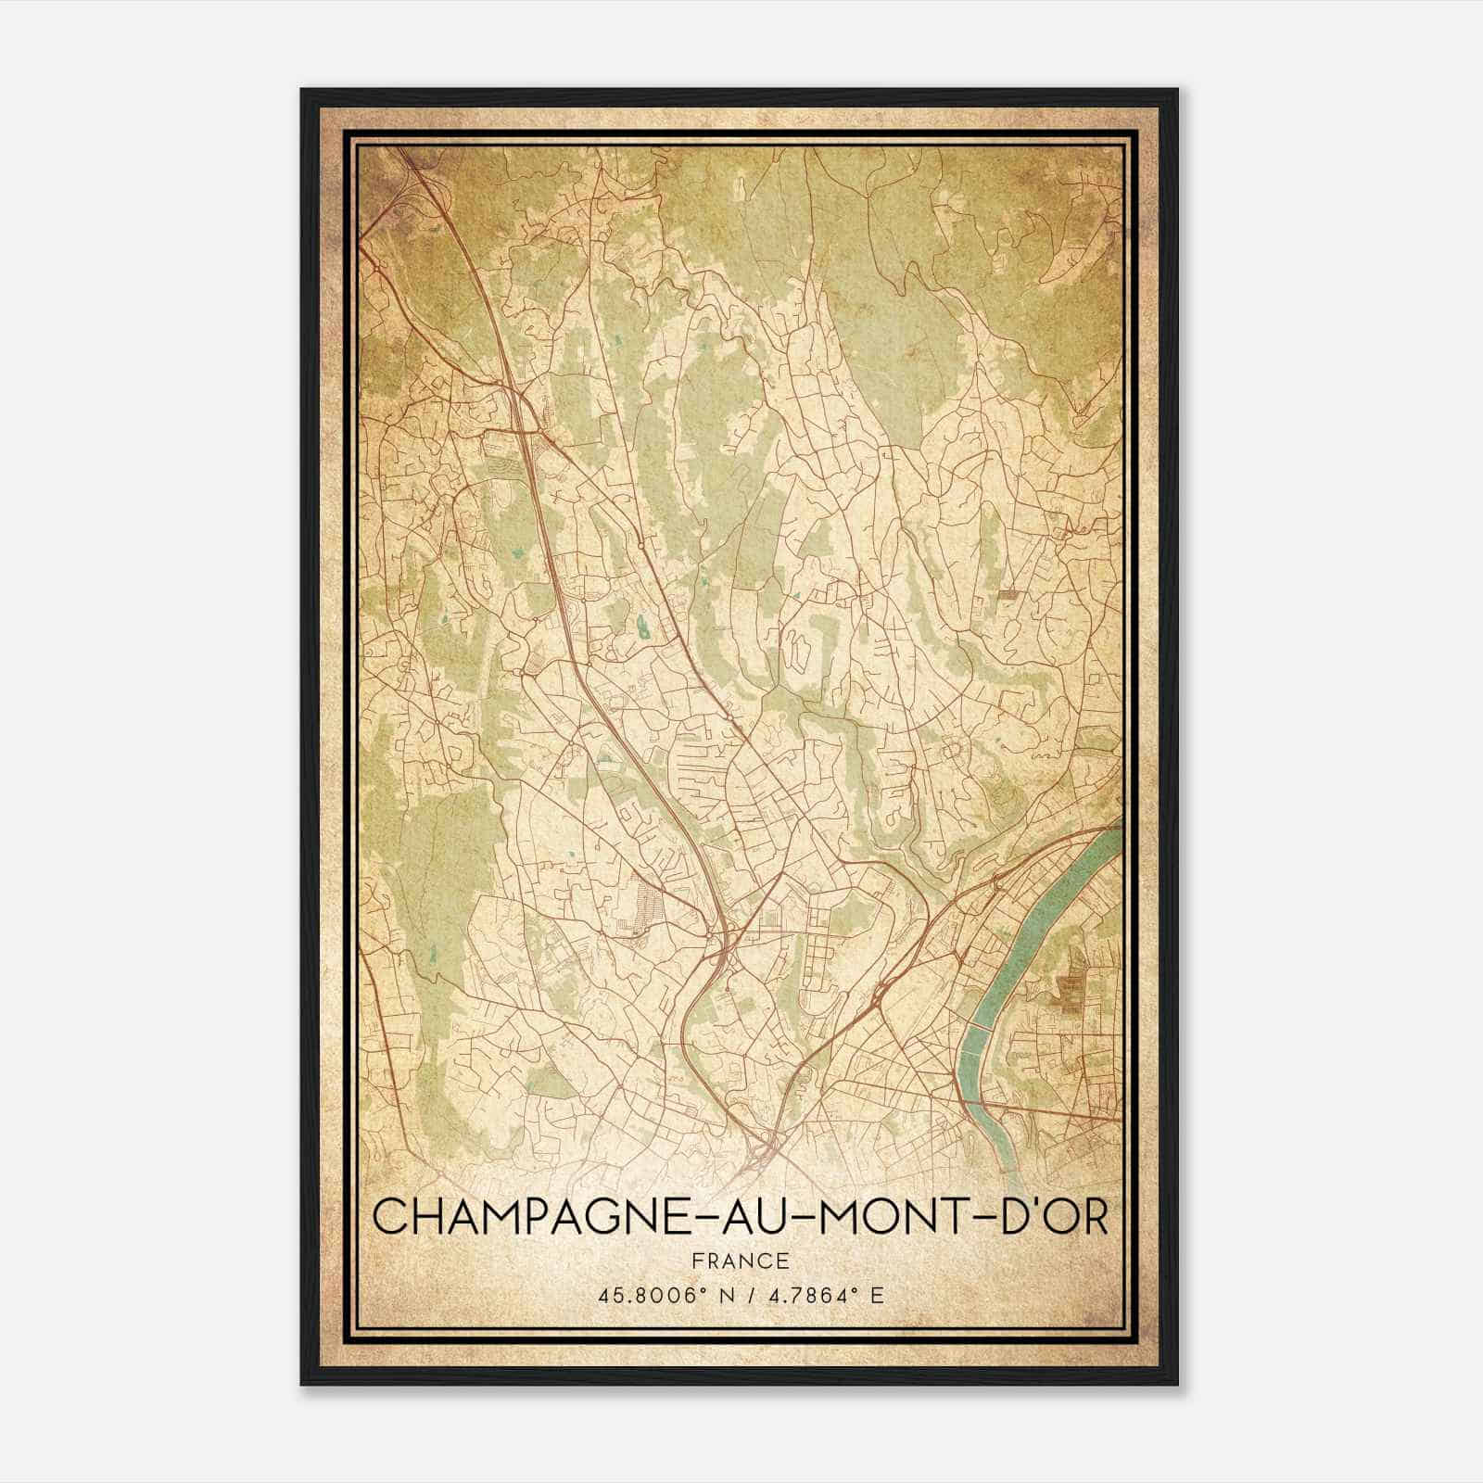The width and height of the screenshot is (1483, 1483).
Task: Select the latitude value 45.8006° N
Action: pyautogui.click(x=659, y=1295)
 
